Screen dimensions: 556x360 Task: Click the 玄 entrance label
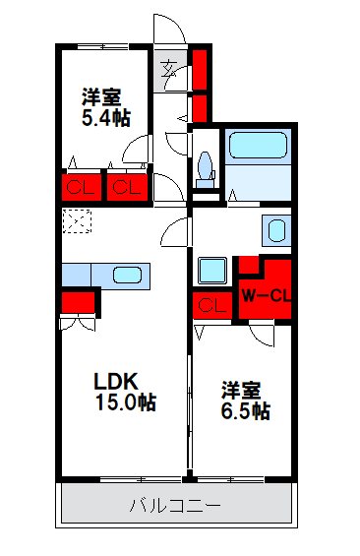[170, 69]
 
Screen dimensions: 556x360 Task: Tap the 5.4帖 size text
[105, 118]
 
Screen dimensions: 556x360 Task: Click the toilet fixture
[206, 166]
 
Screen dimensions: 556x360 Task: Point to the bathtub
[258, 147]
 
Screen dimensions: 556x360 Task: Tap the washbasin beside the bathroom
[276, 231]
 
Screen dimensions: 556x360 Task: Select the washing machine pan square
[211, 271]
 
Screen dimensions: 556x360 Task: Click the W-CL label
[265, 293]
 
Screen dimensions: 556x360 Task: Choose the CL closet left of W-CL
[210, 304]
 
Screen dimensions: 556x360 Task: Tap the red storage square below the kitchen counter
[78, 302]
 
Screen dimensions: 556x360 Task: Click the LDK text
[115, 380]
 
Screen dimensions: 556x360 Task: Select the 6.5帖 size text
[245, 411]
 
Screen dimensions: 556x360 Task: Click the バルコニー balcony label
[176, 507]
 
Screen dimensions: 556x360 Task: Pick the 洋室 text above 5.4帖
[101, 96]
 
